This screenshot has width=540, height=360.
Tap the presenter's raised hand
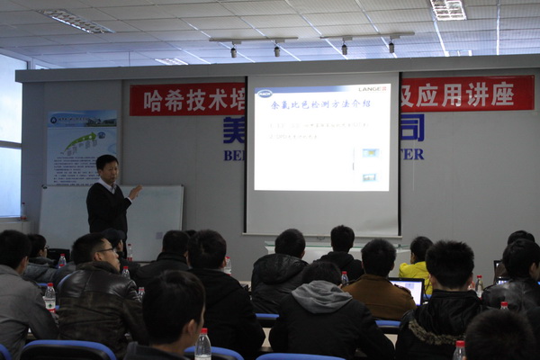[x=135, y=192]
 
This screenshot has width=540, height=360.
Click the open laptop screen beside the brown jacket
[x=406, y=290]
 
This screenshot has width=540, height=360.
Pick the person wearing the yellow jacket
[x=418, y=265]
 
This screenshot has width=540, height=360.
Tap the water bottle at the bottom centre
[x=203, y=345]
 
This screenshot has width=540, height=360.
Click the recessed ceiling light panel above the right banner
[x=447, y=9]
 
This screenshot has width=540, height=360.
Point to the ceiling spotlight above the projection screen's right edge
[x=391, y=45]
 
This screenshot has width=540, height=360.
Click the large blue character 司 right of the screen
[x=412, y=127]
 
